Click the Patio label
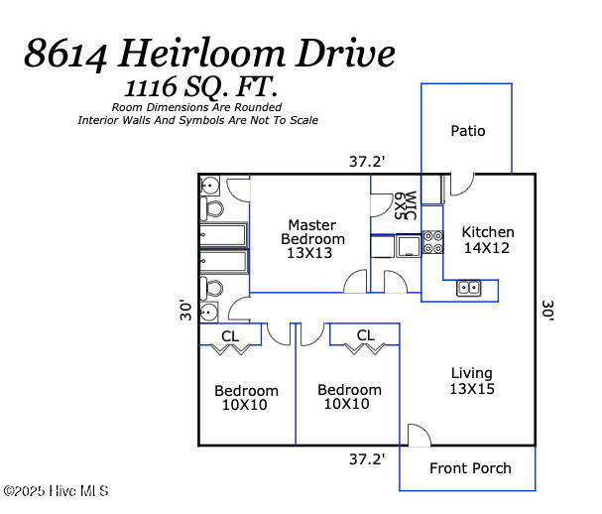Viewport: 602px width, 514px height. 467,131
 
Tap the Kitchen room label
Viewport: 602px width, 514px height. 487,240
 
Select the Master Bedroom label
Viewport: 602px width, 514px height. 312,238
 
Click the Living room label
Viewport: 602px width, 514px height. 471,381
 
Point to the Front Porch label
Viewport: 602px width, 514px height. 470,468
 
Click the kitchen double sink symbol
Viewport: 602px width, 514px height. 469,289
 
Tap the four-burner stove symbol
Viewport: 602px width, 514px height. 432,243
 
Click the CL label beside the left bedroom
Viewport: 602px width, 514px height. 230,336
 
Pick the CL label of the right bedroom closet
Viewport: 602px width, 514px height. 365,335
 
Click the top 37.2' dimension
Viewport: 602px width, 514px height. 367,160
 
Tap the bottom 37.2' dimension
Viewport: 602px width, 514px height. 367,459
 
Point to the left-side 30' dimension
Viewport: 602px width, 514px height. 184,311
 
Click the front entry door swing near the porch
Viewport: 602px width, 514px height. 419,437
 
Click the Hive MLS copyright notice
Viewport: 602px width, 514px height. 56,491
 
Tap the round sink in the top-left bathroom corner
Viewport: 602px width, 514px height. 210,186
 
